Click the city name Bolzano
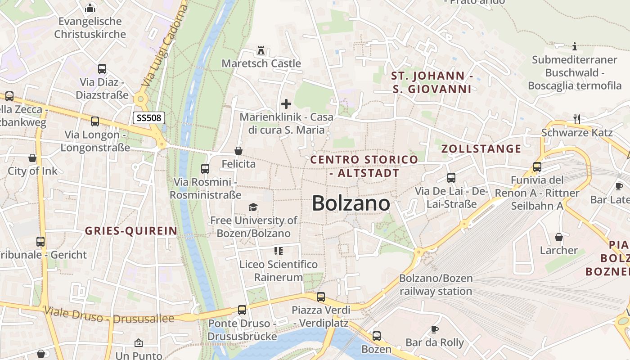[x=351, y=203]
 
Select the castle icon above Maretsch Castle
[x=261, y=50]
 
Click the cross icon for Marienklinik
[x=286, y=104]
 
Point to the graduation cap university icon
[x=253, y=207]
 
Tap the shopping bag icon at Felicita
[x=238, y=151]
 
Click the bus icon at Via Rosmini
[x=205, y=169]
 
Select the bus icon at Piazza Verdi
[x=321, y=297]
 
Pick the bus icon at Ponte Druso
[x=242, y=310]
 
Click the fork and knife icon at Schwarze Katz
[x=577, y=119]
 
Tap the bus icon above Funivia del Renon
[x=537, y=167]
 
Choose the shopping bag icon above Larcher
[x=559, y=237]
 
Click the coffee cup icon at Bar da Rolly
[x=435, y=329]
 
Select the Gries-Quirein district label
[x=131, y=231]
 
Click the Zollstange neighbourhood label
[x=481, y=149]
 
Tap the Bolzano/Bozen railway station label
[x=436, y=285]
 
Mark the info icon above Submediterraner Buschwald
[x=574, y=46]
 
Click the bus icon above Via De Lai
[x=451, y=178]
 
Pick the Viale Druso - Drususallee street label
[x=109, y=315]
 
